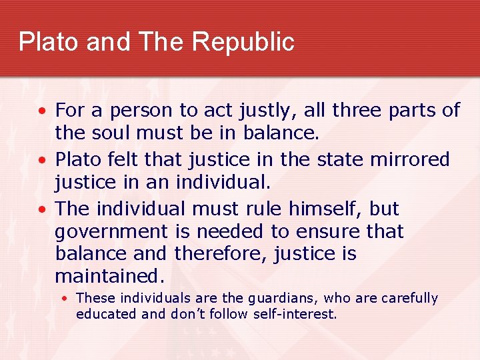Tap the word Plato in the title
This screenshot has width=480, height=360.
pyautogui.click(x=44, y=42)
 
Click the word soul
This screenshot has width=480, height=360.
pyautogui.click(x=110, y=133)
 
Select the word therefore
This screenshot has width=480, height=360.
pyautogui.click(x=225, y=254)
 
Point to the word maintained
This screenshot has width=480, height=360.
pyautogui.click(x=109, y=276)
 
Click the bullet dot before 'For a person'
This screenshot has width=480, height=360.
pyautogui.click(x=43, y=111)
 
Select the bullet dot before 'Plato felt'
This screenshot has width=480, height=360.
pyautogui.click(x=43, y=160)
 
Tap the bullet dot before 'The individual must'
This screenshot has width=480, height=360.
pyautogui.click(x=43, y=209)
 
